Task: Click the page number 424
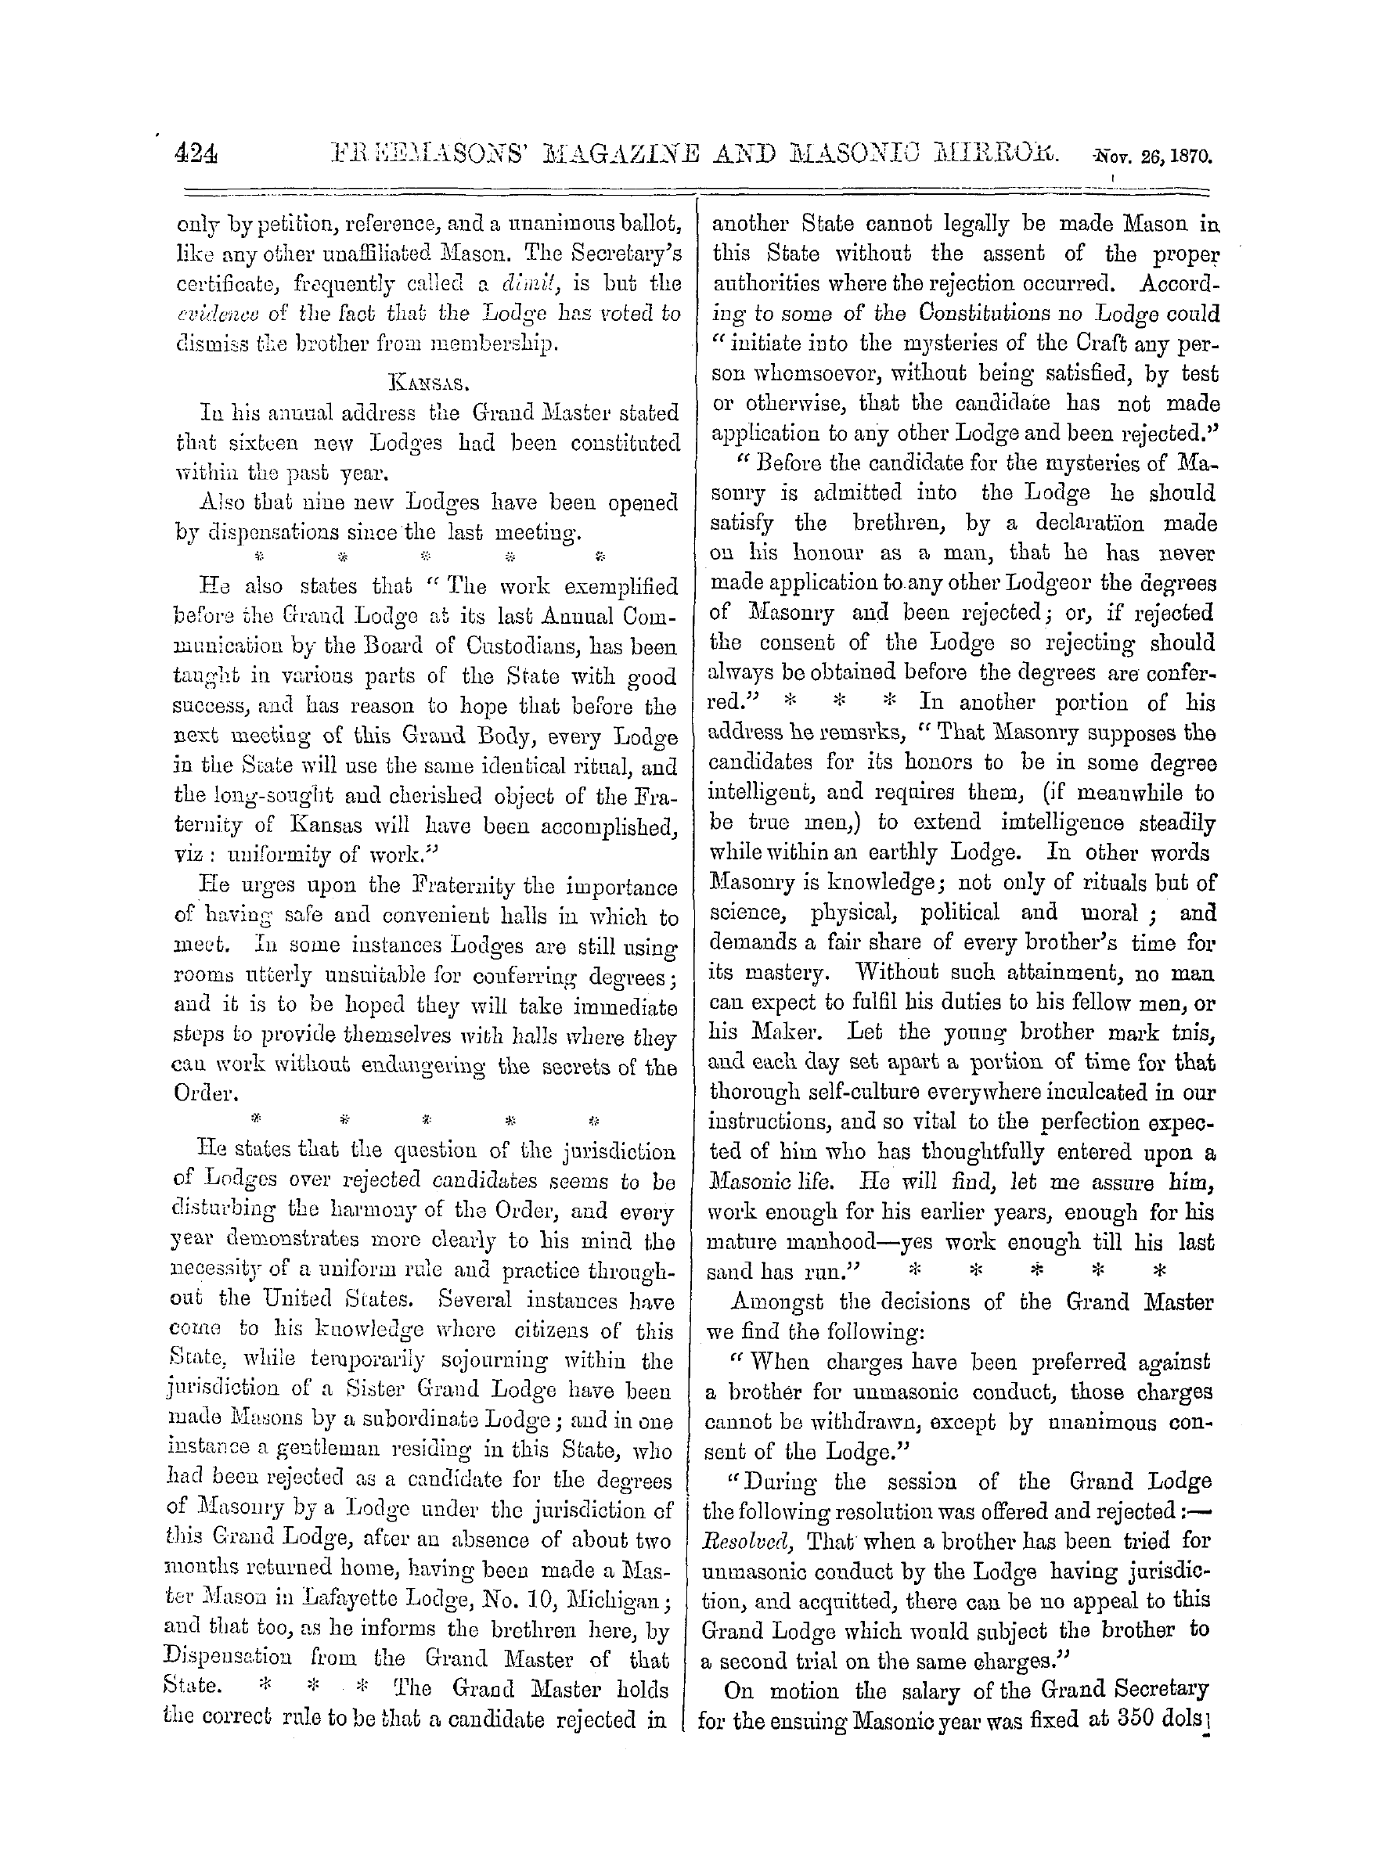[195, 156]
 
